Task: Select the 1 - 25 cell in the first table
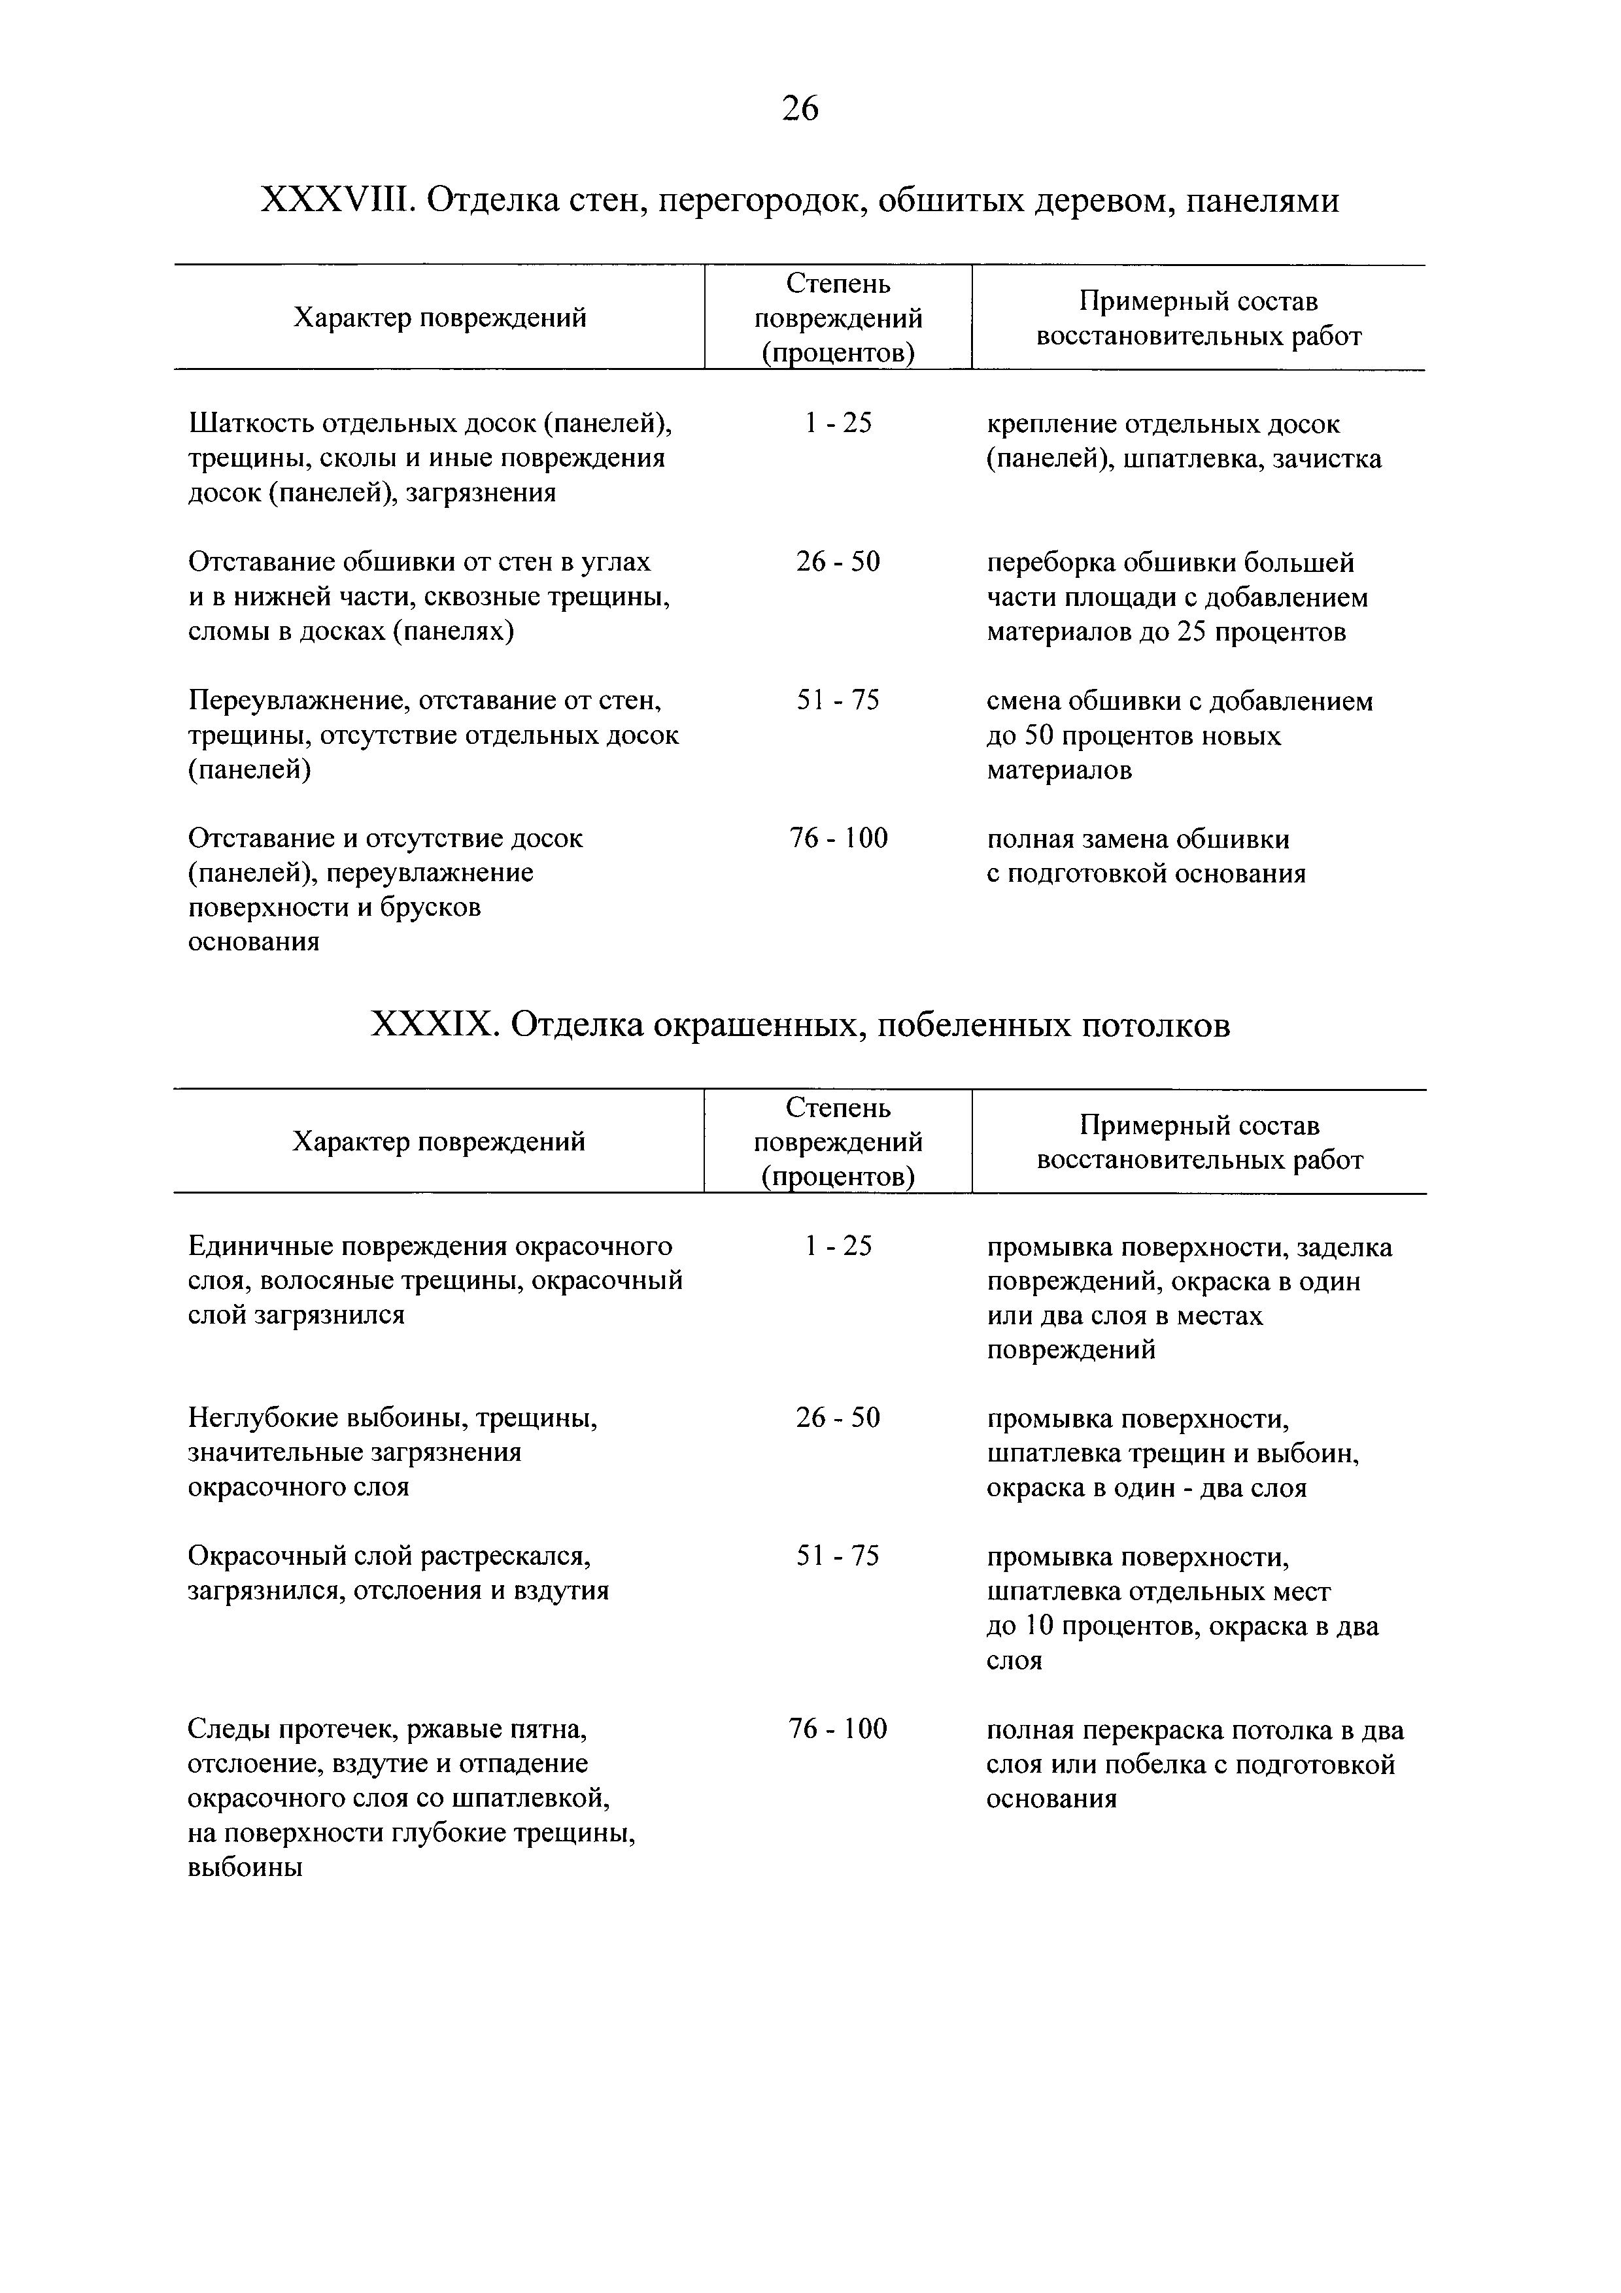(838, 424)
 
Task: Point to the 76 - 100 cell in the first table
(838, 838)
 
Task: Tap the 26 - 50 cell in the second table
(838, 1418)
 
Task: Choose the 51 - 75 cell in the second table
(838, 1556)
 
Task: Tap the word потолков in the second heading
(1157, 1025)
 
